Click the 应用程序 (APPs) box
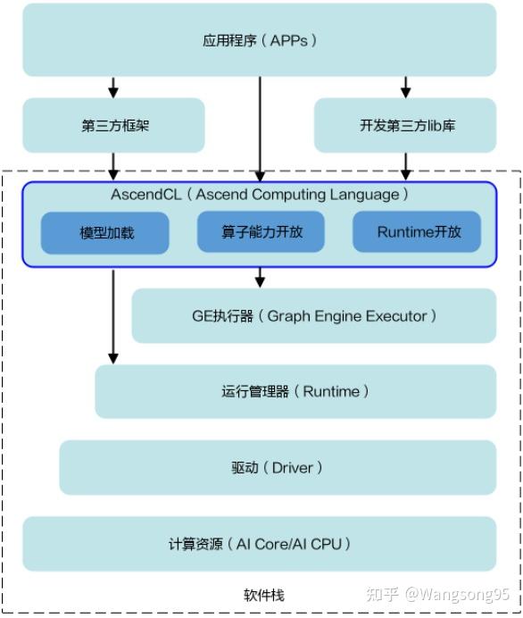[x=259, y=40]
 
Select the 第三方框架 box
[x=113, y=125]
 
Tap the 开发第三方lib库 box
[x=406, y=125]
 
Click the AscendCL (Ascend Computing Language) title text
[x=260, y=195]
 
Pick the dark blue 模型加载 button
[x=105, y=233]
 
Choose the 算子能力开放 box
[x=261, y=232]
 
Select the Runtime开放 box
[x=418, y=232]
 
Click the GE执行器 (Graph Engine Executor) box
[x=313, y=316]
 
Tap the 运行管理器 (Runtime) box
[x=295, y=391]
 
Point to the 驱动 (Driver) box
[x=278, y=467]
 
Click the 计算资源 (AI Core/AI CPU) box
[x=259, y=543]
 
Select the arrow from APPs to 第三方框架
[x=113, y=88]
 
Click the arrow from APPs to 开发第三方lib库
[x=406, y=88]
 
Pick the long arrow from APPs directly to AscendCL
[x=260, y=129]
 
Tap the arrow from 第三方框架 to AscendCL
[x=113, y=166]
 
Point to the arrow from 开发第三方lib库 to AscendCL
[x=406, y=166]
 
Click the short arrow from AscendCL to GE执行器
[x=260, y=277]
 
